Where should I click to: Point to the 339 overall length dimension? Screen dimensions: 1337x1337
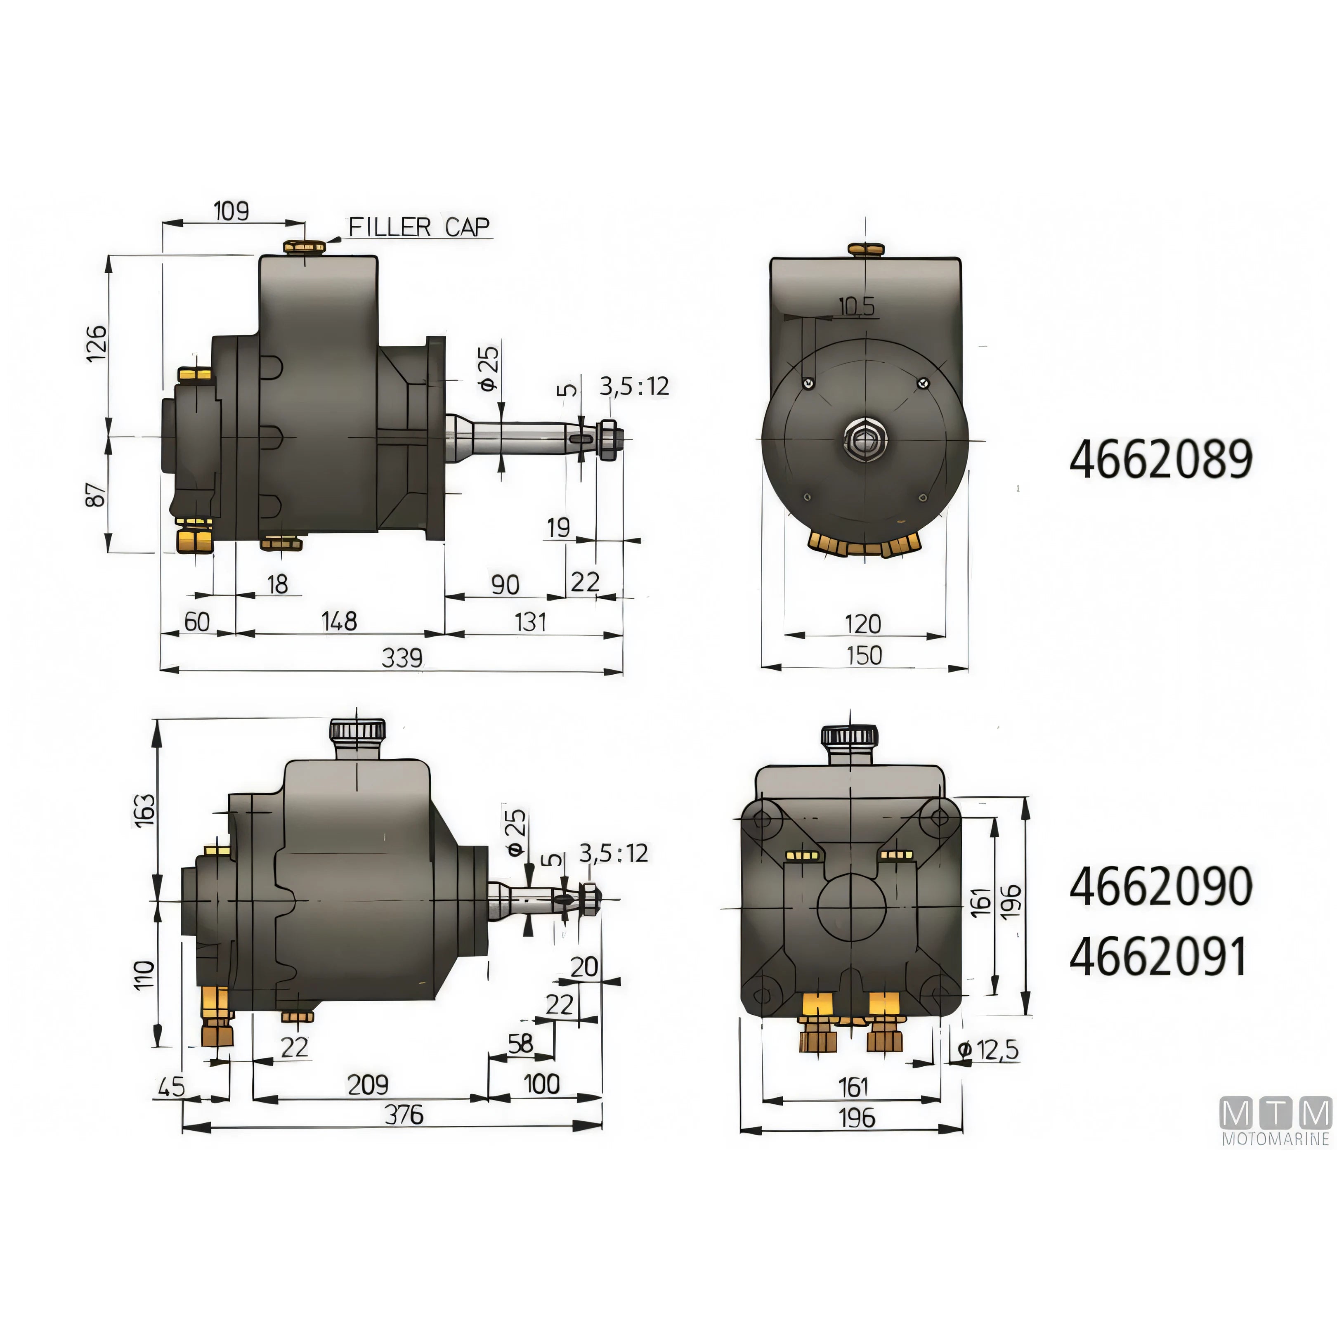coord(402,657)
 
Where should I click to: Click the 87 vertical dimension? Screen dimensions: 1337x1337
coord(96,494)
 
